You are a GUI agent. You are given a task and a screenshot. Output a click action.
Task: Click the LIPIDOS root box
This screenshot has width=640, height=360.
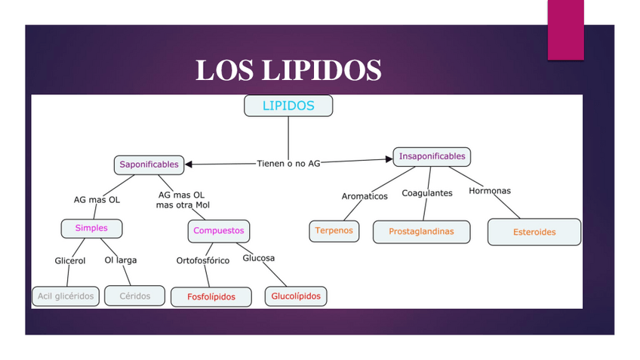288,106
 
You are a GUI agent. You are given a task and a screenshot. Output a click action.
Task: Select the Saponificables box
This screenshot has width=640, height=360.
149,164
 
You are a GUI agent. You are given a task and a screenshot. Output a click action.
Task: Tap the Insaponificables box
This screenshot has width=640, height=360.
432,156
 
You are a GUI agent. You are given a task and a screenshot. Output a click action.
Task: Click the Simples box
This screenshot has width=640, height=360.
91,228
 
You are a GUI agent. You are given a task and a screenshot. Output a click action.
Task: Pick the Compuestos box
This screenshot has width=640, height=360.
218,230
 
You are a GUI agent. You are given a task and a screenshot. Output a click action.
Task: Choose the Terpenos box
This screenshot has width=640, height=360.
334,230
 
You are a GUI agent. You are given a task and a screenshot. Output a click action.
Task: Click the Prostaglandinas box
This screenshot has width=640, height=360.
421,232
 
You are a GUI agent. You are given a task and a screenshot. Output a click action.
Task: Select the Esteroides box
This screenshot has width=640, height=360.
534,232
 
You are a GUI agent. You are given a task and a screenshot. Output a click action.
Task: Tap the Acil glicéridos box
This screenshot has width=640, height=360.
66,296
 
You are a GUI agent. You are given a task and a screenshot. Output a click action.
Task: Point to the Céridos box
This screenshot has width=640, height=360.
135,296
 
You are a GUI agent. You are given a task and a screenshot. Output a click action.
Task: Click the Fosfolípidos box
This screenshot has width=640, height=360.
211,297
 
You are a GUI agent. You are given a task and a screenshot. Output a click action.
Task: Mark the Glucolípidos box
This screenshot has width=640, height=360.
296,296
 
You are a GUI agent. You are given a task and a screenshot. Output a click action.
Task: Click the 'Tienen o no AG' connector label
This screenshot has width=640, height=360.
288,163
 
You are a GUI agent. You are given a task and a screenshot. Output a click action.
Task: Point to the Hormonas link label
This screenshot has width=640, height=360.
490,191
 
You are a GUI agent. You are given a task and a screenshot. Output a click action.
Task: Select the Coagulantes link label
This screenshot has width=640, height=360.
427,193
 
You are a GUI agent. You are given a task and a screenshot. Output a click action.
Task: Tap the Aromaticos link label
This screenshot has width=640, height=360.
365,196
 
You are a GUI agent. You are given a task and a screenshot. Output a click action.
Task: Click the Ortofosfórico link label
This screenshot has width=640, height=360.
203,260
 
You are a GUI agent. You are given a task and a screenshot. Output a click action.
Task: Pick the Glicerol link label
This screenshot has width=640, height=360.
70,260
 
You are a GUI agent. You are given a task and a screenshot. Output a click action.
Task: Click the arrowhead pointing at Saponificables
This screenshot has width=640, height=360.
189,164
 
